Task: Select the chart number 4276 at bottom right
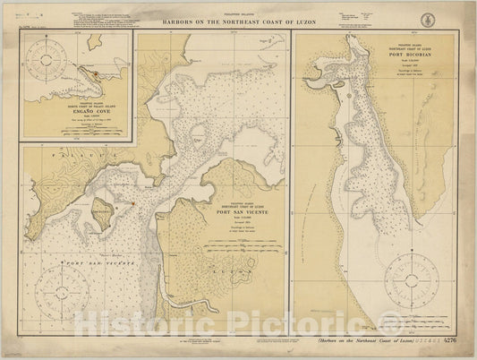pyautogui.click(x=451, y=340)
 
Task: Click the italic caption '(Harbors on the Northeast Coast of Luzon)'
pyautogui.click(x=366, y=340)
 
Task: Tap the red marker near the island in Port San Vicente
pyautogui.click(x=132, y=202)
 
